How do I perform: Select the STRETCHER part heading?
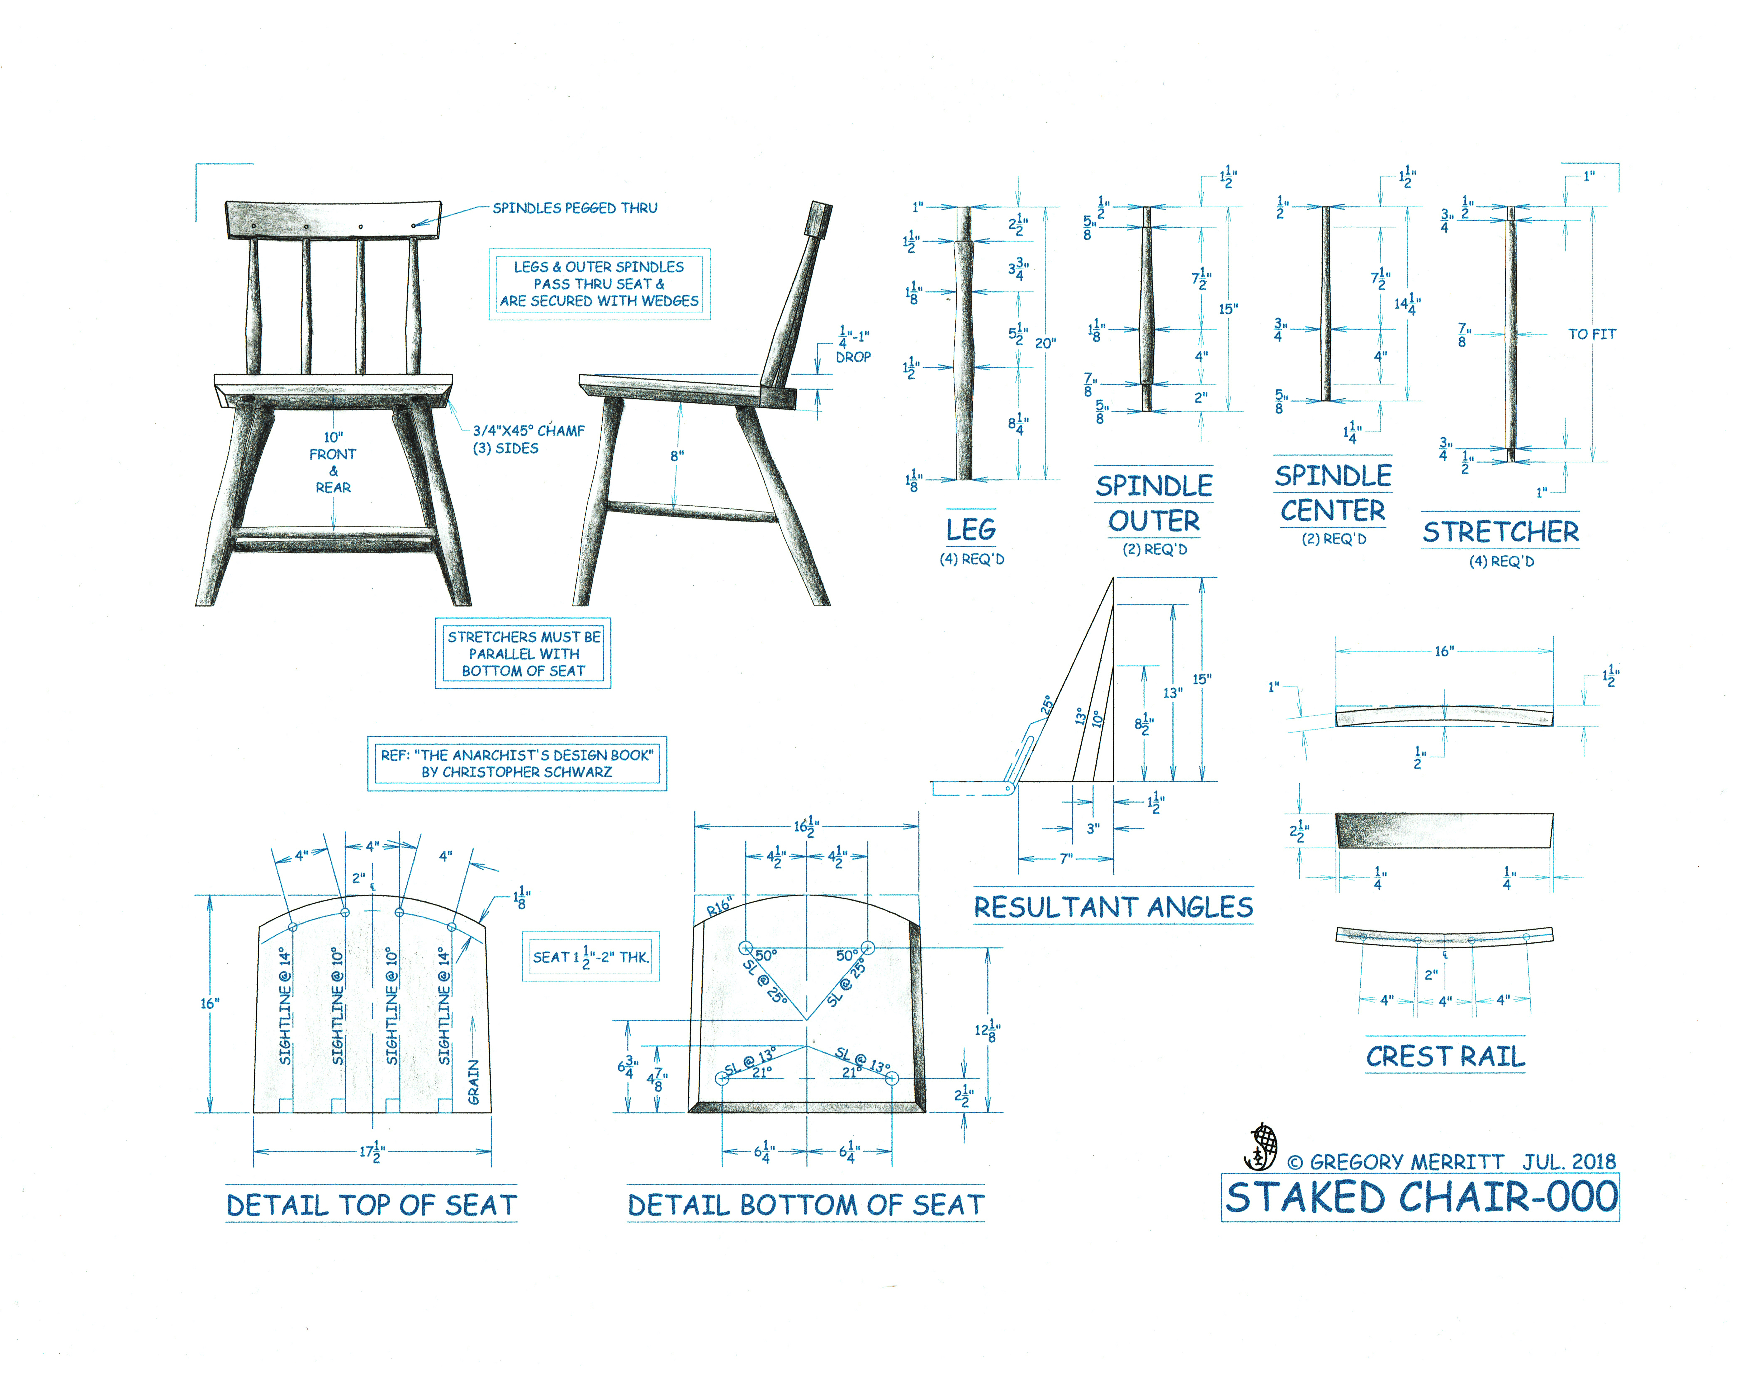pyautogui.click(x=1501, y=532)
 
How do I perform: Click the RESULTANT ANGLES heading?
pyautogui.click(x=1113, y=907)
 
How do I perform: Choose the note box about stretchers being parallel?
pyautogui.click(x=523, y=654)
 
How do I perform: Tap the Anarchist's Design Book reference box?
pyautogui.click(x=517, y=763)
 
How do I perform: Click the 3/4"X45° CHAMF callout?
pyautogui.click(x=528, y=431)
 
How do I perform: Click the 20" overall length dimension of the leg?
pyautogui.click(x=1046, y=343)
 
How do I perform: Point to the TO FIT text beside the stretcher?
pyautogui.click(x=1592, y=334)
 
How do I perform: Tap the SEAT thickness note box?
pyautogui.click(x=591, y=957)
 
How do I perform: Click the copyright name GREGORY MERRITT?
pyautogui.click(x=1406, y=1162)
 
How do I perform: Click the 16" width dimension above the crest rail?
pyautogui.click(x=1444, y=651)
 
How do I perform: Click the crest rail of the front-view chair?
pyautogui.click(x=333, y=219)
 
